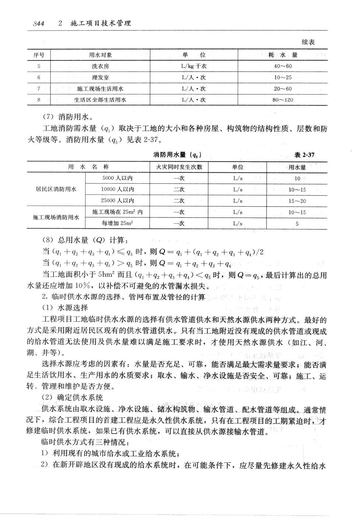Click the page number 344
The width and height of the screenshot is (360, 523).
38,24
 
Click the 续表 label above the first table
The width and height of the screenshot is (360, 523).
308,42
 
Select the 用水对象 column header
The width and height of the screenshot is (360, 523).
100,55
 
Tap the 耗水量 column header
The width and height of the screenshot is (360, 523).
283,55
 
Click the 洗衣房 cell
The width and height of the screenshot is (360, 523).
100,66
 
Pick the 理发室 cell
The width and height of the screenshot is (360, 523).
100,77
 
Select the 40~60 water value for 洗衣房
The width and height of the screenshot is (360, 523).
283,66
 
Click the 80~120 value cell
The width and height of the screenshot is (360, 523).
283,100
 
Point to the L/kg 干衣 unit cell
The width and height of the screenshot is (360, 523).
194,66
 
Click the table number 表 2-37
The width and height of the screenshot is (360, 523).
304,155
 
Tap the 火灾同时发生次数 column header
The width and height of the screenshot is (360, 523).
179,167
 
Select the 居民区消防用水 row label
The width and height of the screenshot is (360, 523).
56,189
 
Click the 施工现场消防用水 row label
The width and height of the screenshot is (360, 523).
56,217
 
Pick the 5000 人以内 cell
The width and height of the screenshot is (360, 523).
118,178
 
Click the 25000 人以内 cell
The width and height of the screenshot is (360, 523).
118,201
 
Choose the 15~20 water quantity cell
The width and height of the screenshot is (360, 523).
297,201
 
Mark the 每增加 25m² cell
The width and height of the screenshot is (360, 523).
118,223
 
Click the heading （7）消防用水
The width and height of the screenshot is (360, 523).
67,117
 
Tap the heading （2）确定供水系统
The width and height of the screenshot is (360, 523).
72,397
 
